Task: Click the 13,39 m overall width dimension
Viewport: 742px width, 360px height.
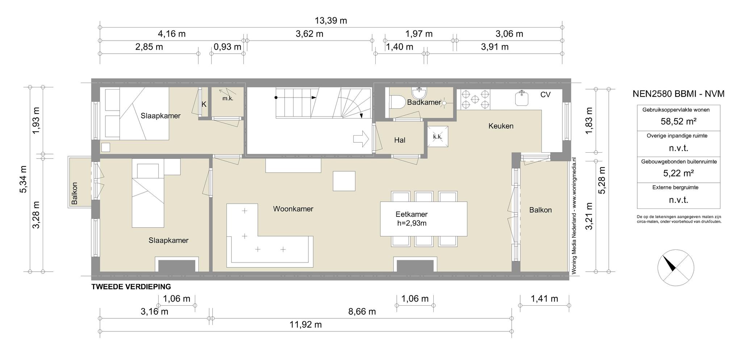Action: tap(331, 21)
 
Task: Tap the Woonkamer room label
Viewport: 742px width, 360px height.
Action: tap(293, 209)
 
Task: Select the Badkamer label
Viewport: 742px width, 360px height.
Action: tap(424, 103)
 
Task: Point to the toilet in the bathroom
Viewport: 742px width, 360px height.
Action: tap(397, 102)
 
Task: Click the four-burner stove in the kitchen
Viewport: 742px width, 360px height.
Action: tap(475, 100)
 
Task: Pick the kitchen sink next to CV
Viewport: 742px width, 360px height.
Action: tap(522, 98)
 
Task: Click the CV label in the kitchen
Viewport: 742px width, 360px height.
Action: tap(545, 95)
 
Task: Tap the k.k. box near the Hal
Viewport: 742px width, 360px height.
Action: tap(438, 136)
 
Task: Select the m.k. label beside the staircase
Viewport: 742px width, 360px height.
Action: tap(228, 98)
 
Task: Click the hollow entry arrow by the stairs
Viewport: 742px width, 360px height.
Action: tap(361, 139)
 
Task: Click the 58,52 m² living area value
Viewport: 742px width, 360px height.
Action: tap(678, 121)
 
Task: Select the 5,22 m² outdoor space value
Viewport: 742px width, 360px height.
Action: tap(678, 173)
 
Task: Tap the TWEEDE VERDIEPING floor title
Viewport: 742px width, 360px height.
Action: tap(131, 287)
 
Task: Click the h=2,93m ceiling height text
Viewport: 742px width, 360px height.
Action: tap(412, 223)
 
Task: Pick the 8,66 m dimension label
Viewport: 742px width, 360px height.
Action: tap(362, 311)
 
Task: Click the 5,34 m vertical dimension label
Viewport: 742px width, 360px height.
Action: tap(23, 179)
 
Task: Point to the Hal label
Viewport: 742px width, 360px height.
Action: tap(400, 140)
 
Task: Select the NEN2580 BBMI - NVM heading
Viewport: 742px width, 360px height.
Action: tap(678, 94)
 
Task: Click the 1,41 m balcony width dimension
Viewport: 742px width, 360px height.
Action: tap(544, 299)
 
